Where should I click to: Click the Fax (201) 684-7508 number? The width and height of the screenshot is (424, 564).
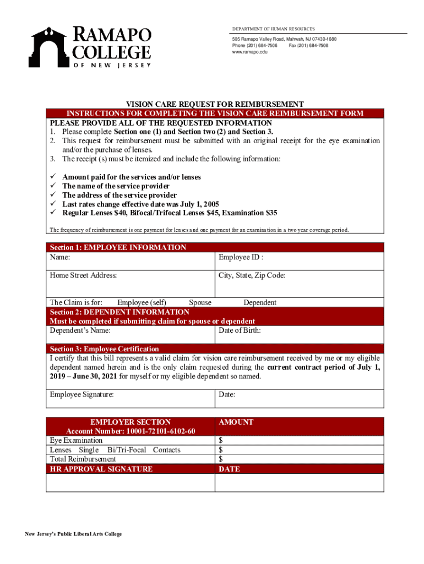coord(308,46)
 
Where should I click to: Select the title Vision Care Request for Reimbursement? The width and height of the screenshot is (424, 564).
coord(215,104)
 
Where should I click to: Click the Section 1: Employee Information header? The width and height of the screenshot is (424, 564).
coord(118,247)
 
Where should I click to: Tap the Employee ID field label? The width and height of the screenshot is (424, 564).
coord(241,257)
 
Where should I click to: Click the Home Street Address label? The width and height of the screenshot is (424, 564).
coord(83,275)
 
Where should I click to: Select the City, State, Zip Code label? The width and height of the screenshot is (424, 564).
coord(252,275)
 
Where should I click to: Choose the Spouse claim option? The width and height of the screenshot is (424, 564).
coord(200,302)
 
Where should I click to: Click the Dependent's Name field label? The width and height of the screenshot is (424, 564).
coord(80,330)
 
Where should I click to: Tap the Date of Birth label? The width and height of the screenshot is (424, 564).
coord(240,330)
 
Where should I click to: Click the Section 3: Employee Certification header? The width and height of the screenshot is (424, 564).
coord(104,349)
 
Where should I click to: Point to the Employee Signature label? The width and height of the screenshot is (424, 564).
coord(81,394)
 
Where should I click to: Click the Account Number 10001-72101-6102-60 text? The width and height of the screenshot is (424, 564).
coord(131,431)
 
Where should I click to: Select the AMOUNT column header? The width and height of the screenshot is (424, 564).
coord(236,422)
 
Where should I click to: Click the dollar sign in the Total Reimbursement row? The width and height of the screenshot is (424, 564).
coord(220,459)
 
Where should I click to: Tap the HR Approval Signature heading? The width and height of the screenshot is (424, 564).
coord(101,469)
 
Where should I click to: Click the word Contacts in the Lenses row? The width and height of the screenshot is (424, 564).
coord(166,450)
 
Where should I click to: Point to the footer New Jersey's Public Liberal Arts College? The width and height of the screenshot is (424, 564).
coord(72,534)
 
